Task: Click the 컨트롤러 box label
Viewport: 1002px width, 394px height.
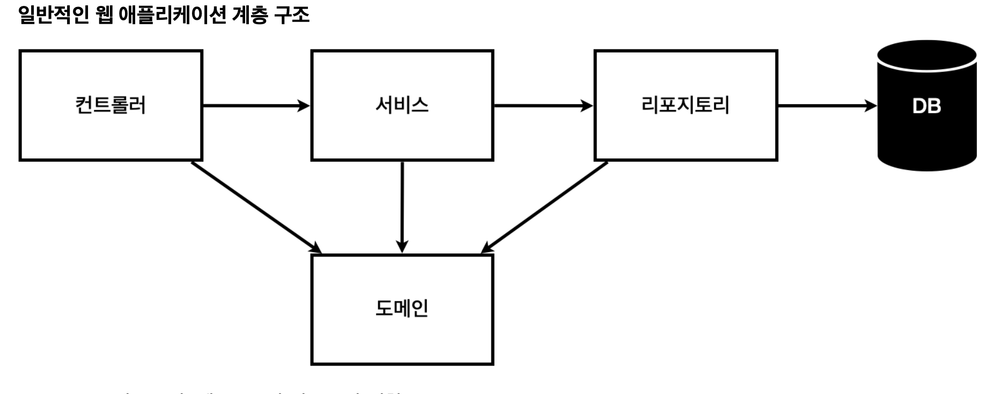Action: [110, 105]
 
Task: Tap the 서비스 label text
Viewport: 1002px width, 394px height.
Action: [402, 105]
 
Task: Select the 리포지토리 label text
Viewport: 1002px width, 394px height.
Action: [685, 105]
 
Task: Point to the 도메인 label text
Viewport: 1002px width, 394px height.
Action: [402, 309]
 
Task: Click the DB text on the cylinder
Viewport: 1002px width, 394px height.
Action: [926, 106]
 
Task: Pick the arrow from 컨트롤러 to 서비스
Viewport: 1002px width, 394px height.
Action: [252, 106]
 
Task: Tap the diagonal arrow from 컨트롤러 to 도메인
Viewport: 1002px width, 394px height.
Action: [255, 206]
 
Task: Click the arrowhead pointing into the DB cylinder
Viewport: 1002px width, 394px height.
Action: [871, 106]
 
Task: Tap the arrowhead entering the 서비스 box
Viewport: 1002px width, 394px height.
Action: [304, 106]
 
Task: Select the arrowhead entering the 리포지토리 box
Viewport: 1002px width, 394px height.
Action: [587, 106]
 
